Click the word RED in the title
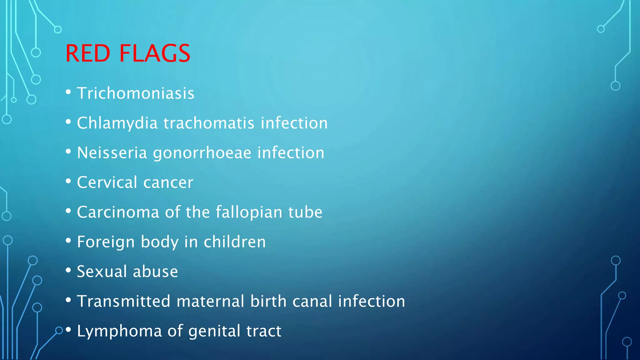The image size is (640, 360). pyautogui.click(x=88, y=53)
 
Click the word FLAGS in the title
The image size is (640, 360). pyautogui.click(x=155, y=53)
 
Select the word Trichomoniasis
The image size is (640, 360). pyautogui.click(x=136, y=93)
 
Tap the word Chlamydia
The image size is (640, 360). pyautogui.click(x=117, y=123)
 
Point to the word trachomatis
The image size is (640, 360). pyautogui.click(x=209, y=123)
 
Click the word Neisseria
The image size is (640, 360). pyautogui.click(x=112, y=153)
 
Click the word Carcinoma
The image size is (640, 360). pyautogui.click(x=118, y=212)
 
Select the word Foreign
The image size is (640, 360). pyautogui.click(x=106, y=242)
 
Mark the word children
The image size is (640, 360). pyautogui.click(x=235, y=242)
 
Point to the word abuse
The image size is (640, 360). pyautogui.click(x=155, y=272)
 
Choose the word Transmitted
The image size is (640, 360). pyautogui.click(x=124, y=301)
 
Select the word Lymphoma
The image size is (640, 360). pyautogui.click(x=119, y=331)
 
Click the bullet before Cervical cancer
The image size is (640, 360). pyautogui.click(x=68, y=181)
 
